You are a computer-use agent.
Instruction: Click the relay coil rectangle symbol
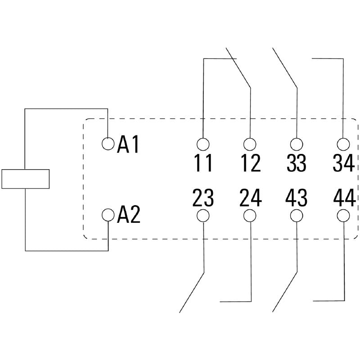(25, 179)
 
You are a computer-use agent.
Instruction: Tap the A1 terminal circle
(108, 144)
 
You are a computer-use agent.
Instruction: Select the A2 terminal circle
(108, 215)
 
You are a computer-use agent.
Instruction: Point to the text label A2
(129, 216)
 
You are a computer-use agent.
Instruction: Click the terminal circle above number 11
(203, 144)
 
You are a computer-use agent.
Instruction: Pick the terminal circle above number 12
(250, 144)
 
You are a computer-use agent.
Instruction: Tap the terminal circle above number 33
(296, 144)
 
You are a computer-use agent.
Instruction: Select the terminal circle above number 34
(343, 144)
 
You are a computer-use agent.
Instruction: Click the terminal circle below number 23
(203, 216)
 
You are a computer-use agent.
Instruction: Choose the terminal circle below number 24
(250, 216)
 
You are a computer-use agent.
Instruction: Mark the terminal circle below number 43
(296, 216)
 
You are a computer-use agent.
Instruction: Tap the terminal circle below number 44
(343, 216)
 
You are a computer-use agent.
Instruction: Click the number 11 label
(203, 163)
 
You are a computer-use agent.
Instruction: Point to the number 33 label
(296, 163)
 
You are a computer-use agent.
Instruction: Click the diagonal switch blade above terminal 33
(284, 67)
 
